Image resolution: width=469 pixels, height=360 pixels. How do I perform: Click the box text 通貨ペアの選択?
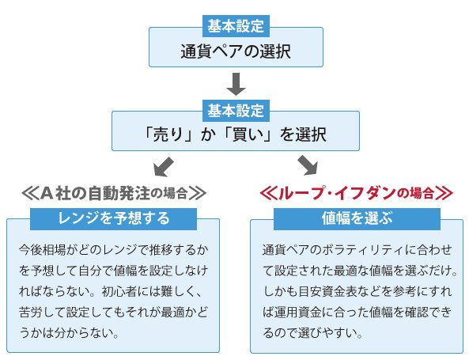(236, 51)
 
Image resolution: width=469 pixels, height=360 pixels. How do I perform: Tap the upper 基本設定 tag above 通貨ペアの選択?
(236, 26)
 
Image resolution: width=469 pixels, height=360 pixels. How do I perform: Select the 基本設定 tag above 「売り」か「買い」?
(236, 111)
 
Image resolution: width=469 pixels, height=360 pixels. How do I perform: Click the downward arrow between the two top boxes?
(236, 84)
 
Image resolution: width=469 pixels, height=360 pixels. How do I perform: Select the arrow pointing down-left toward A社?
(164, 166)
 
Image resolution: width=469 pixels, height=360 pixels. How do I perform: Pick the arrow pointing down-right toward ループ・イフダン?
(308, 165)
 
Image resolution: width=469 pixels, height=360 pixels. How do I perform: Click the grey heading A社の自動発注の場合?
(114, 193)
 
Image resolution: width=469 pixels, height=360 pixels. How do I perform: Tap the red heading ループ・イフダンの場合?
(356, 193)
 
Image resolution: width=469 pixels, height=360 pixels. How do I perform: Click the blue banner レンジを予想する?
(113, 218)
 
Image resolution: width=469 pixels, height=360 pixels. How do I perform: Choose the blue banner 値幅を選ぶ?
(357, 218)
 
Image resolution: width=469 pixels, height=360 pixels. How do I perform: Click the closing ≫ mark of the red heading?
(444, 193)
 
